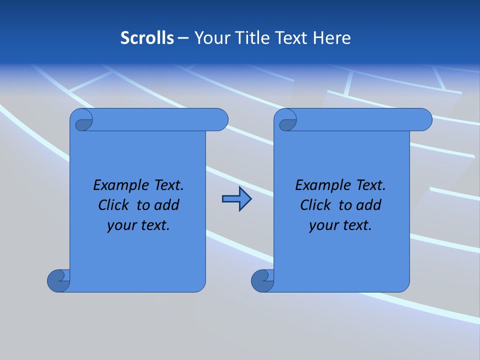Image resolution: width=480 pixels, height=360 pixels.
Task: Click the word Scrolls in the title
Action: tap(147, 37)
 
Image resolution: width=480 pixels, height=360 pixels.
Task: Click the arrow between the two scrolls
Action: tap(236, 199)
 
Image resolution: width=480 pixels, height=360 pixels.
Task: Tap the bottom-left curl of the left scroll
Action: tap(58, 280)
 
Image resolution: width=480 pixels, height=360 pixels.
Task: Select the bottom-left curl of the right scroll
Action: tap(262, 280)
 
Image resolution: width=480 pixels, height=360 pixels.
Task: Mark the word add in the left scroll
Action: tap(167, 205)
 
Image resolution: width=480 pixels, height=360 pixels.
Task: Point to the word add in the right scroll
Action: tap(369, 205)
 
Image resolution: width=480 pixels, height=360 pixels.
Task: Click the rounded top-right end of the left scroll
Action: tap(219, 120)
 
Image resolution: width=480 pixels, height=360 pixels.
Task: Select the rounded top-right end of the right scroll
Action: tap(423, 120)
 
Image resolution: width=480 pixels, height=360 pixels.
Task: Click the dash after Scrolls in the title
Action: tap(183, 38)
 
